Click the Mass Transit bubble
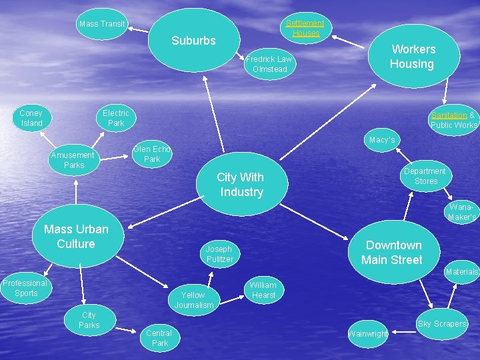[102, 24]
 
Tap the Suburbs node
[194, 41]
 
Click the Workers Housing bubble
[413, 57]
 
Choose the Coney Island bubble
[31, 118]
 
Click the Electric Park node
[116, 118]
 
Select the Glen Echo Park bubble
[152, 154]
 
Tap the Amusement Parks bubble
[74, 160]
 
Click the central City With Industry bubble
[241, 185]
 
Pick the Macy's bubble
[382, 140]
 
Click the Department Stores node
[425, 176]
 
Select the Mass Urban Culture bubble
[76, 237]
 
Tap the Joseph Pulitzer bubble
[220, 254]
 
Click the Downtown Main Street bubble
[392, 253]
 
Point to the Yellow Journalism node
[194, 300]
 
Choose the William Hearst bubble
[263, 290]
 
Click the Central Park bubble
[160, 337]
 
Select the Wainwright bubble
[367, 333]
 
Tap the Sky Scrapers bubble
[442, 324]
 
